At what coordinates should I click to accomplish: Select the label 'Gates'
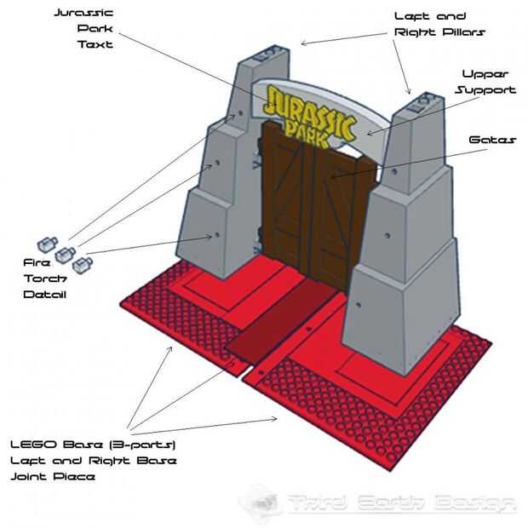[x=491, y=139]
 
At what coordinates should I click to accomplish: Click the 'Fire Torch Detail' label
[x=44, y=278]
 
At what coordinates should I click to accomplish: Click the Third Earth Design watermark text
[x=400, y=502]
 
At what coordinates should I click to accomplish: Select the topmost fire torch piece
[x=47, y=243]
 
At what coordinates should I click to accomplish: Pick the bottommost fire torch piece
[x=83, y=266]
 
